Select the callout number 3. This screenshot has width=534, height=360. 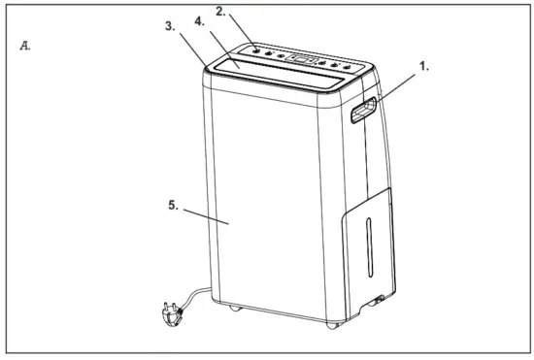click(x=171, y=27)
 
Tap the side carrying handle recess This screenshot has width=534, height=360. click(x=362, y=114)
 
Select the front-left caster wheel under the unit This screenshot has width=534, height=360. click(x=235, y=311)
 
